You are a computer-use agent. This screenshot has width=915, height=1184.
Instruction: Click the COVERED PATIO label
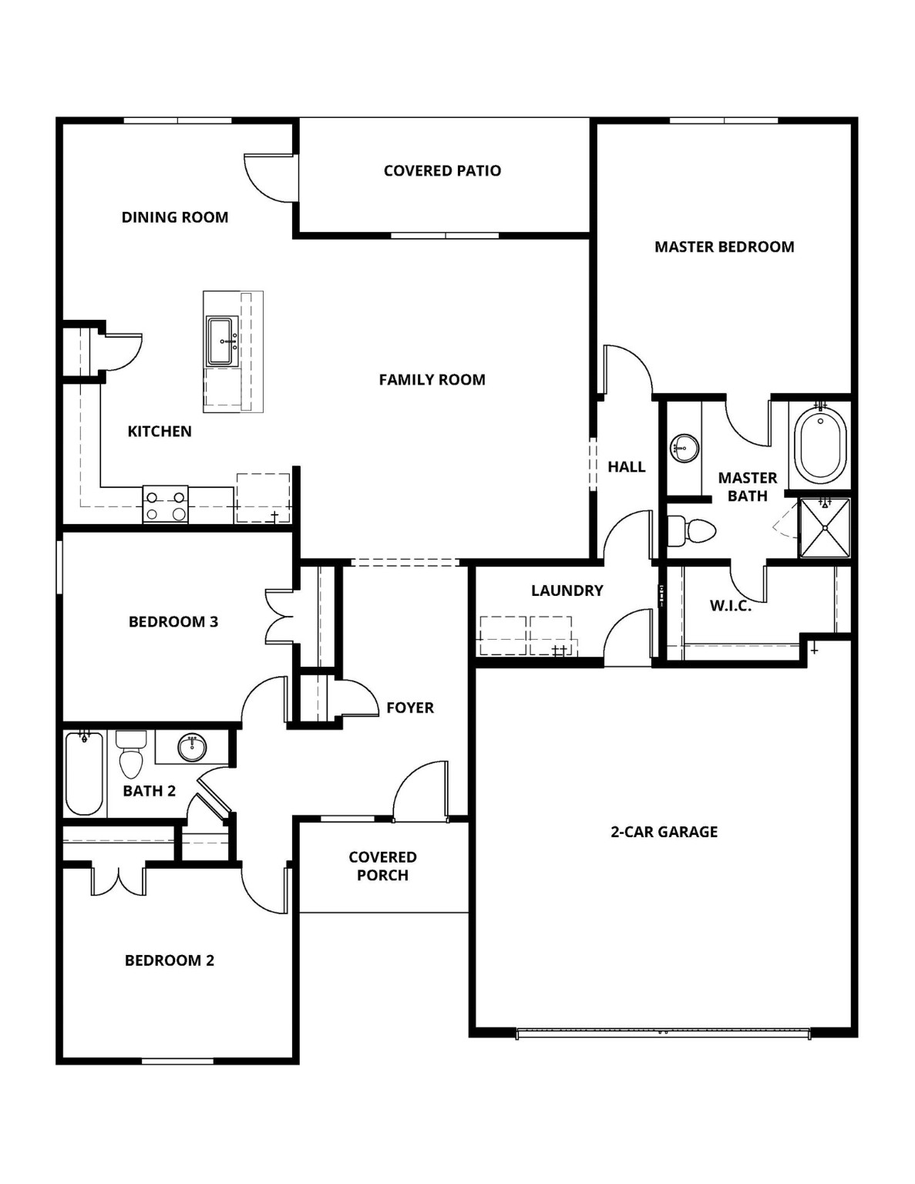pyautogui.click(x=442, y=171)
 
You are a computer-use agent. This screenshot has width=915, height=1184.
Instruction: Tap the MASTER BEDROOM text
pyautogui.click(x=724, y=247)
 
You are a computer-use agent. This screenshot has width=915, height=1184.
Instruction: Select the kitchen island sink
pyautogui.click(x=223, y=341)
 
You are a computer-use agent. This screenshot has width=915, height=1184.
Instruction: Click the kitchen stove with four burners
pyautogui.click(x=166, y=506)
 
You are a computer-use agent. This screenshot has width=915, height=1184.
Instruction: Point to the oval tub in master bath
pyautogui.click(x=820, y=446)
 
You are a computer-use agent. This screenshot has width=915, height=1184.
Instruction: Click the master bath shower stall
pyautogui.click(x=825, y=527)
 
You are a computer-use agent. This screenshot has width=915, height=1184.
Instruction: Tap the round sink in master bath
pyautogui.click(x=684, y=447)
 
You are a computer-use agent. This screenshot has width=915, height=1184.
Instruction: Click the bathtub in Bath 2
pyautogui.click(x=84, y=773)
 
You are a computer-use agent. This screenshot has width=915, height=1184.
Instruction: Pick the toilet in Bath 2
pyautogui.click(x=131, y=755)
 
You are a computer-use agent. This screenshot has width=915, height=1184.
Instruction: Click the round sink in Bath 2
pyautogui.click(x=192, y=747)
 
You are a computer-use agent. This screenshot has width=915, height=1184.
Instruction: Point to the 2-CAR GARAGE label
pyautogui.click(x=664, y=832)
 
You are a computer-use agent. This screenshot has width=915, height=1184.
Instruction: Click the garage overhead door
pyautogui.click(x=663, y=1033)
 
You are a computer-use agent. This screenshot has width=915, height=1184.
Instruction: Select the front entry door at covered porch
pyautogui.click(x=420, y=794)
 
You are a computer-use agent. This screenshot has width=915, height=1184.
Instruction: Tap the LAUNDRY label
pyautogui.click(x=567, y=591)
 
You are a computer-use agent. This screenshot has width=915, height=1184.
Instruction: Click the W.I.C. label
pyautogui.click(x=730, y=606)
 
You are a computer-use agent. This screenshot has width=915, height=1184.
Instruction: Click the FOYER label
pyautogui.click(x=409, y=708)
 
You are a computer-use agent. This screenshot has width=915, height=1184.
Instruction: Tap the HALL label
pyautogui.click(x=626, y=467)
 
